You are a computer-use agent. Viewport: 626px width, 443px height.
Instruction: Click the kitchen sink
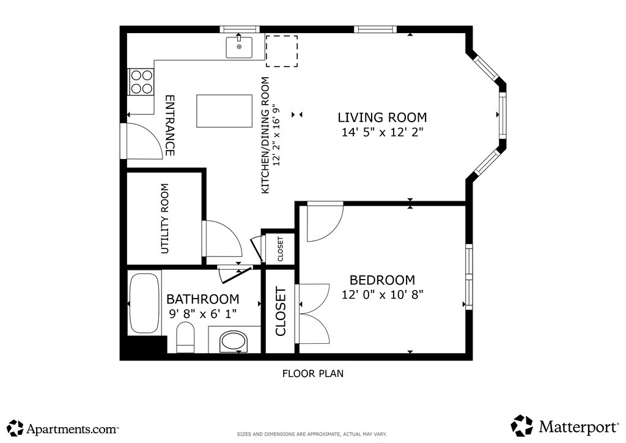coord(239,47)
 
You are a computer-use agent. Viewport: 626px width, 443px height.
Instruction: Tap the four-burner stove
coord(141,82)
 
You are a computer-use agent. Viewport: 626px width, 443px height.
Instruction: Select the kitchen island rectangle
coord(224,111)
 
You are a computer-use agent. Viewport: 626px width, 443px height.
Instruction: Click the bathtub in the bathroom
coord(144,302)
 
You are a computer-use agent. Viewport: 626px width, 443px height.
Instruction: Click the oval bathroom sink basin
coord(234,341)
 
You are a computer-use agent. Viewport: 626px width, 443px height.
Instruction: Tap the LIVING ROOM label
coord(382,117)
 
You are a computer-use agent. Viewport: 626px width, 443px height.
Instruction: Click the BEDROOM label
coord(382,280)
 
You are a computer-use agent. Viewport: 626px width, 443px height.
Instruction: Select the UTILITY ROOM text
coord(165,218)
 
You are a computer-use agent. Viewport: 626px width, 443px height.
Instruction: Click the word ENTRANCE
coord(170,125)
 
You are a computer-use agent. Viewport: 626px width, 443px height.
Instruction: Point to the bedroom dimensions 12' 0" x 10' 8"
coord(382,294)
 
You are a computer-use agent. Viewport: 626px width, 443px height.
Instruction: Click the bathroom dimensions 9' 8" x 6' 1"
coord(203,313)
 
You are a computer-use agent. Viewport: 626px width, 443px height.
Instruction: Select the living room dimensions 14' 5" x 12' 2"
coord(382,132)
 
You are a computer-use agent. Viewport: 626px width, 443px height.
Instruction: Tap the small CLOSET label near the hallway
coord(280,249)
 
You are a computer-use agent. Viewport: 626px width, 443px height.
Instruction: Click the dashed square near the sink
coord(282,51)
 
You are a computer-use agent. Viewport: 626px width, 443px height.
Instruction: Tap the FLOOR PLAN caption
coord(312,373)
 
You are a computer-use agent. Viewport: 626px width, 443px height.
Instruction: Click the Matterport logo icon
coord(522,426)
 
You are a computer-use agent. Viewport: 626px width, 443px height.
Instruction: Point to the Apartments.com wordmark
coord(72,430)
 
